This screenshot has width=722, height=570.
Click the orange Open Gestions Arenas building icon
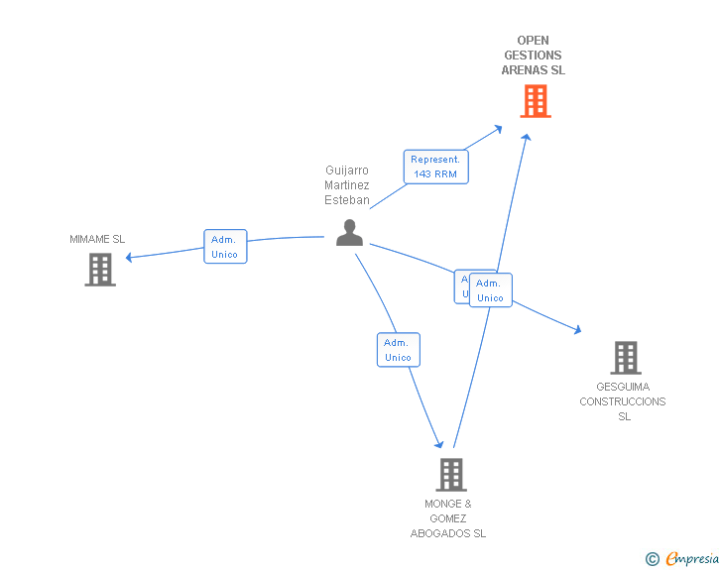click(535, 101)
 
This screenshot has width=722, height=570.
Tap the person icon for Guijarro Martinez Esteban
click(349, 232)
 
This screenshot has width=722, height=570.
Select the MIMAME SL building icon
click(100, 270)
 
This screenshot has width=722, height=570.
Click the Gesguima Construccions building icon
click(625, 357)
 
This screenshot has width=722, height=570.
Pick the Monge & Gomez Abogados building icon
click(450, 475)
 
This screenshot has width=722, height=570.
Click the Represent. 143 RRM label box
click(435, 167)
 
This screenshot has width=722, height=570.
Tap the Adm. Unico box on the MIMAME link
click(224, 247)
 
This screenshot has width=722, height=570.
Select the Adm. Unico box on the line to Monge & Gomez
click(398, 350)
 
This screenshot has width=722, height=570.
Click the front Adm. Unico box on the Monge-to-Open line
click(490, 290)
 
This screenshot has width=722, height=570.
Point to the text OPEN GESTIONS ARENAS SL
click(533, 56)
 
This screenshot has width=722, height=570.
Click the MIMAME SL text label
click(97, 239)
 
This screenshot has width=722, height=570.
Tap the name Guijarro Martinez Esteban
click(347, 185)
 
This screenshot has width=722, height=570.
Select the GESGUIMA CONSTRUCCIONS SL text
click(623, 401)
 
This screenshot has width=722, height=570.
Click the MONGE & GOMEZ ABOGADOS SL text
click(448, 518)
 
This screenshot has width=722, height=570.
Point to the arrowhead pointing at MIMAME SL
click(130, 258)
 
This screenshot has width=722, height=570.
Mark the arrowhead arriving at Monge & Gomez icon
click(438, 444)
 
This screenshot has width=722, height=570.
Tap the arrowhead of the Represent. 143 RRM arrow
click(500, 128)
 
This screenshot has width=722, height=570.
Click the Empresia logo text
click(692, 559)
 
